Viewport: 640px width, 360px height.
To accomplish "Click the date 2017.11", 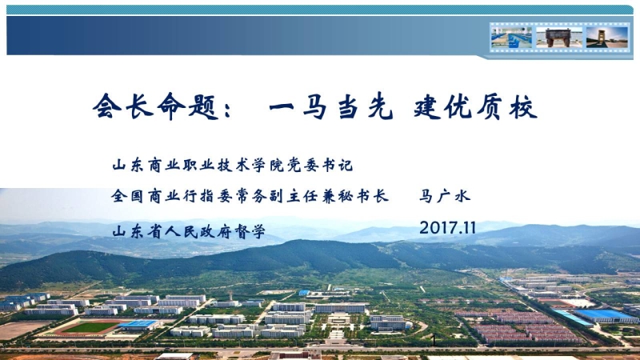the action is click(447, 228).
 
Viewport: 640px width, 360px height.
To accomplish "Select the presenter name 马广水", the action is click(445, 196).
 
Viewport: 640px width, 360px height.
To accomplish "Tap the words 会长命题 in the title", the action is click(154, 107).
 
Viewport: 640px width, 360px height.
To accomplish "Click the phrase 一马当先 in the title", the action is click(330, 108).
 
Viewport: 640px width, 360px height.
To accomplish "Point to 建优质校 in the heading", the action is click(474, 108).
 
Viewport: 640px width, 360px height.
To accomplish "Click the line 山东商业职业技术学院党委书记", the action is click(232, 165).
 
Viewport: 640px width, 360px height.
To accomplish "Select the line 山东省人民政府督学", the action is click(189, 231).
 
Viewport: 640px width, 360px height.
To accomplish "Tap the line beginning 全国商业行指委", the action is click(250, 196).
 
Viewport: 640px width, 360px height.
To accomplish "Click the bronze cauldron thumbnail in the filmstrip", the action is click(558, 38).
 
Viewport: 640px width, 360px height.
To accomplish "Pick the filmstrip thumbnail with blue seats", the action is click(511, 38).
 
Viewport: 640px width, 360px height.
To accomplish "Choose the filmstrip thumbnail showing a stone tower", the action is click(606, 38).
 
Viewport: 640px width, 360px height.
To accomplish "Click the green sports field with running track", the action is click(90, 327).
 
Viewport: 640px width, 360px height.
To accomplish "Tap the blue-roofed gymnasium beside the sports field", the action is click(140, 325).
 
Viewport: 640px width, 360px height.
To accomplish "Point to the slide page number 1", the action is click(434, 340).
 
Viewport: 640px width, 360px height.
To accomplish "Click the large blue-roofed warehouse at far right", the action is click(605, 315).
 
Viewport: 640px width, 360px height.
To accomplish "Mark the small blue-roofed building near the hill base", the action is click(304, 293).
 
